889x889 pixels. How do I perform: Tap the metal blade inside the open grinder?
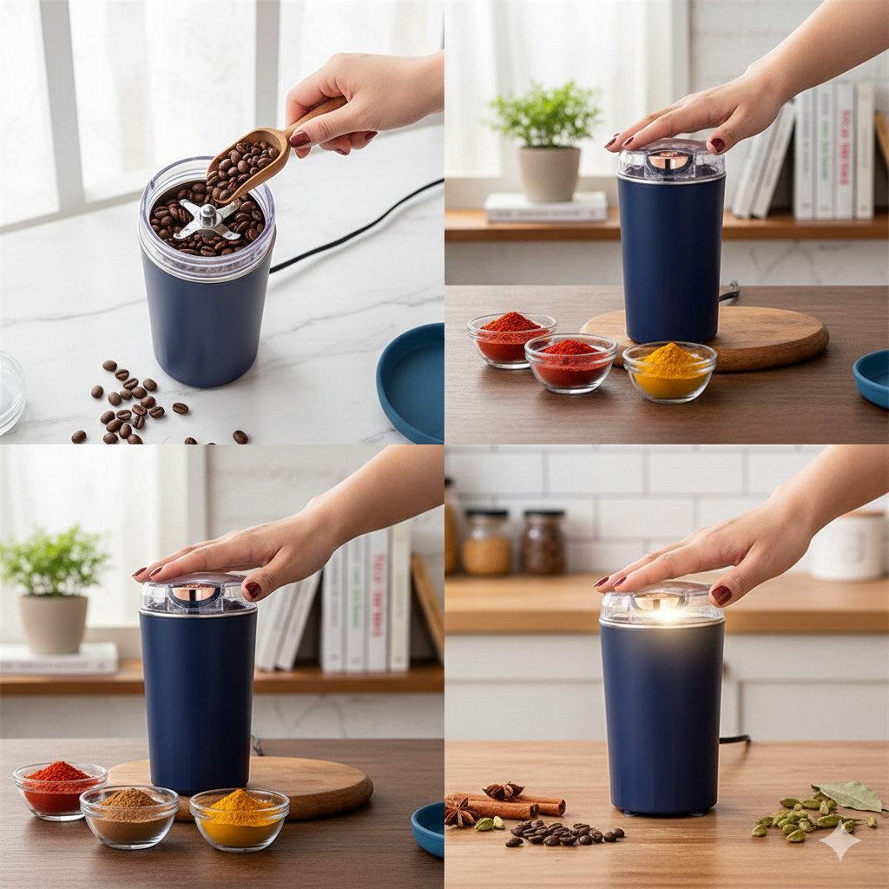(x=207, y=219)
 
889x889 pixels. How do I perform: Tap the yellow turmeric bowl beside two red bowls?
(x=669, y=371)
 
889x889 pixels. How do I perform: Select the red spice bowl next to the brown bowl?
(x=59, y=788)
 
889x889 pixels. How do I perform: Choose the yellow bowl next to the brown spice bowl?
(x=239, y=817)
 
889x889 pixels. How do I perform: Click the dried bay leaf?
(x=852, y=794)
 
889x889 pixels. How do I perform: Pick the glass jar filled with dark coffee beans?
(x=543, y=542)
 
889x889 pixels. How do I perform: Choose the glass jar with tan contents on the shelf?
(x=486, y=543)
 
